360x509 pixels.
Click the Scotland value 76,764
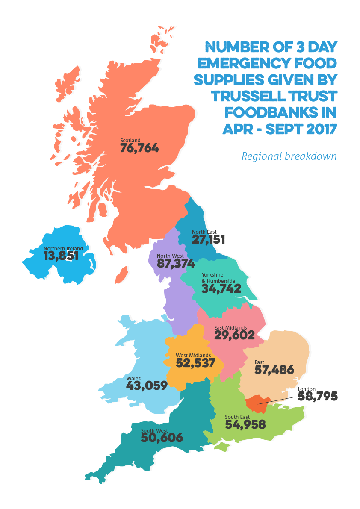tap(139, 148)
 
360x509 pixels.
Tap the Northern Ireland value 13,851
tap(61, 256)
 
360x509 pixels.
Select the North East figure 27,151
tap(208, 239)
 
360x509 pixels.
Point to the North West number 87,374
tap(176, 263)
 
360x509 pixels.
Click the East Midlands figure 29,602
tap(234, 335)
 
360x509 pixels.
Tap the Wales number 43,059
tap(147, 385)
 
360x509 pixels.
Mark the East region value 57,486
tap(274, 370)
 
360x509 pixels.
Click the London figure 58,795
tap(317, 397)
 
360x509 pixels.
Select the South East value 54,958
tap(245, 424)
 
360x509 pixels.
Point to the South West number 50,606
tap(162, 438)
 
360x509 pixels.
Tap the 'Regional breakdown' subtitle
tap(289, 156)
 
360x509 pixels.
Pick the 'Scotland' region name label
tap(130, 140)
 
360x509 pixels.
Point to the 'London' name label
tap(306, 389)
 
